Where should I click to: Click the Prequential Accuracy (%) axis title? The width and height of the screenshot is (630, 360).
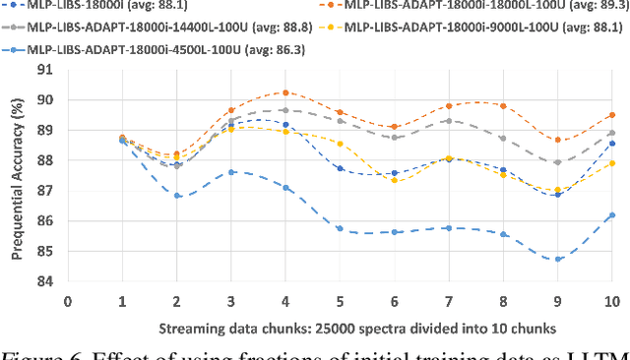17,174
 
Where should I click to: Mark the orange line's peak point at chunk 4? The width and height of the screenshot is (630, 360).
285,92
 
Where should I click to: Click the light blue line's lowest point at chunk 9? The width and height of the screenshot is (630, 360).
558,259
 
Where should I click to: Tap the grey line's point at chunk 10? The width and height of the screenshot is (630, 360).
612,133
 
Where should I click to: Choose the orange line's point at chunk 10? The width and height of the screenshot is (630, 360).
612,115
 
